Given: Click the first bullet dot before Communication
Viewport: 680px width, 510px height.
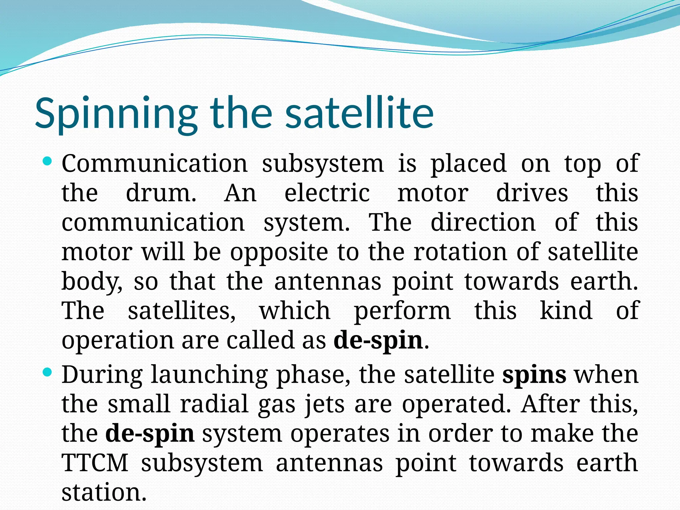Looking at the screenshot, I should (48, 162).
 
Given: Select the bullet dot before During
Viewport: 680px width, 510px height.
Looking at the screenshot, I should (48, 373).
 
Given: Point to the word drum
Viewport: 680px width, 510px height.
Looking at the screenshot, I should (161, 193).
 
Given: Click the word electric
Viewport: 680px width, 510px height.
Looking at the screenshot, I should (327, 193).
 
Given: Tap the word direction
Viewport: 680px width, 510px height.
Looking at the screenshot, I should (483, 222).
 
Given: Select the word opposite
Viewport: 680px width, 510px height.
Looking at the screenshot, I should (279, 252).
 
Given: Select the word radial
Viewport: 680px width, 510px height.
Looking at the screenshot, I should (214, 404).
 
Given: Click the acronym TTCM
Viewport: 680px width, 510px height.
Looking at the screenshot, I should (95, 463).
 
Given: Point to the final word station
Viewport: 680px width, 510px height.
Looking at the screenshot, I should (104, 492).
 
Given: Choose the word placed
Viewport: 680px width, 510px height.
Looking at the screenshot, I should (468, 164).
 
